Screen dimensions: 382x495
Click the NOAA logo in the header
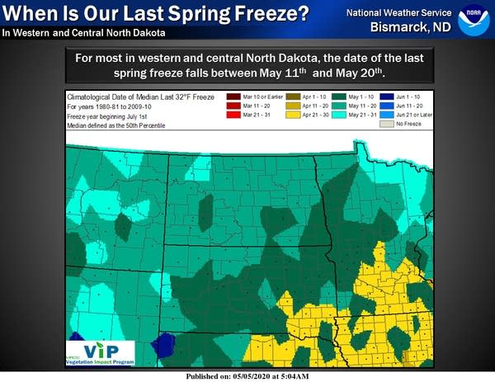[473, 17]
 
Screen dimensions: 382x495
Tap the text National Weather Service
[398, 12]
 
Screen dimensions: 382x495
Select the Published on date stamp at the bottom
[247, 375]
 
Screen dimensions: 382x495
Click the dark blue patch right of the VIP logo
[166, 343]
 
